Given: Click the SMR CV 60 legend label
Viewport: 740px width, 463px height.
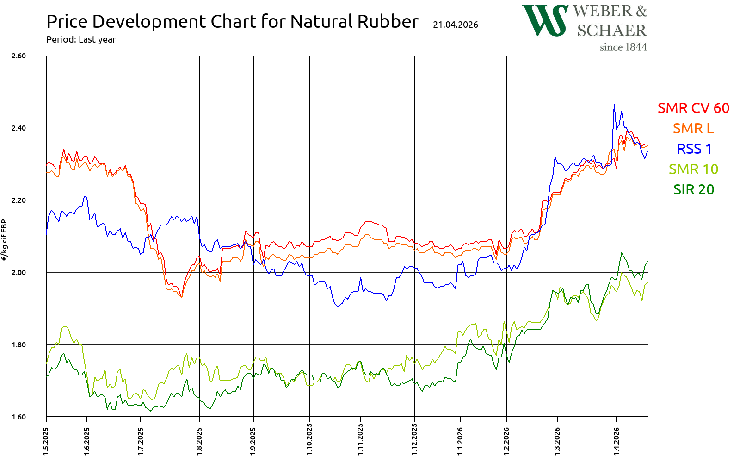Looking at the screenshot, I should click(x=693, y=108).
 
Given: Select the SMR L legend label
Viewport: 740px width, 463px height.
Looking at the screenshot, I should click(x=693, y=128).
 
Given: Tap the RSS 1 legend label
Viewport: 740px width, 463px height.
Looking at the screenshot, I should click(x=694, y=149).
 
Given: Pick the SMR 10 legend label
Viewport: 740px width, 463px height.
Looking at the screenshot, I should click(x=693, y=169).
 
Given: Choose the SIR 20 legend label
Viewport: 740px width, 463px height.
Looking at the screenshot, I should click(x=693, y=189).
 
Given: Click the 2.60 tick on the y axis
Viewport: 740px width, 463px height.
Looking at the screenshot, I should click(x=18, y=56).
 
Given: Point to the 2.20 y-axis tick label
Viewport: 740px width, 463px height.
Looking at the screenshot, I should click(x=18, y=200).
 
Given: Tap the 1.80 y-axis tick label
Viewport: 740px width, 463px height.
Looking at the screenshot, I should click(x=18, y=345).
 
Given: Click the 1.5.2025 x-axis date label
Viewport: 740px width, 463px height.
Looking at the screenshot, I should click(x=46, y=441).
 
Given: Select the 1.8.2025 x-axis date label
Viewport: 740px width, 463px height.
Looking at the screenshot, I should click(x=199, y=441).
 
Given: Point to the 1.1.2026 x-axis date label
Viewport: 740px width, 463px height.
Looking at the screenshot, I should click(x=460, y=441).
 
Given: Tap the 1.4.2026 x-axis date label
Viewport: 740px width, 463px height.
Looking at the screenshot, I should click(x=616, y=441).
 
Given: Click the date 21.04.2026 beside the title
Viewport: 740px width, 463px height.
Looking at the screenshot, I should click(x=456, y=25).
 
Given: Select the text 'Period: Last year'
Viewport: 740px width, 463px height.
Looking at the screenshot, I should click(x=81, y=39).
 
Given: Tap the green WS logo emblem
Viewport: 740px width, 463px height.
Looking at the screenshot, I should click(x=545, y=20).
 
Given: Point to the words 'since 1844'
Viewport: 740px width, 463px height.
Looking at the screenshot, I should click(x=623, y=47).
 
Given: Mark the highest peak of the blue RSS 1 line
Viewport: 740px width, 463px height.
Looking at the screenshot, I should click(x=614, y=105).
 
